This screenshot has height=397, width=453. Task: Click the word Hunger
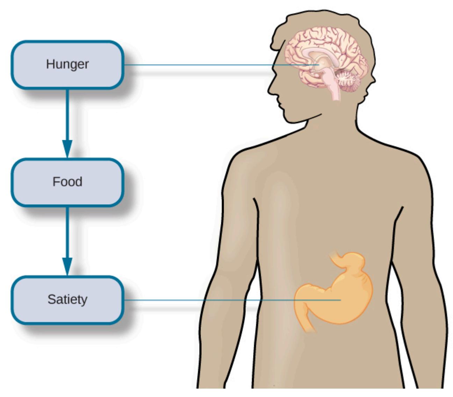67,64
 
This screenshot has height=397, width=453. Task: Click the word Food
67,182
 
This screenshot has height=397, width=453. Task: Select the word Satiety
67,299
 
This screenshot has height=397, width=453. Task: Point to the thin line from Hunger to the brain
221,65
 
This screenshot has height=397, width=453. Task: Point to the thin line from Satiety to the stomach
232,300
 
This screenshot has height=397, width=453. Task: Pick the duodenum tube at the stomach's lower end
307,321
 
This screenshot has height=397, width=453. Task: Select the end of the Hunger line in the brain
319,65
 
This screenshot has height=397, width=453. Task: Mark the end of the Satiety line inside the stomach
340,300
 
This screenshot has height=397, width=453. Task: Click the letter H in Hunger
50,64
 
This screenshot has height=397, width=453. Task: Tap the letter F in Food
56,182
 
